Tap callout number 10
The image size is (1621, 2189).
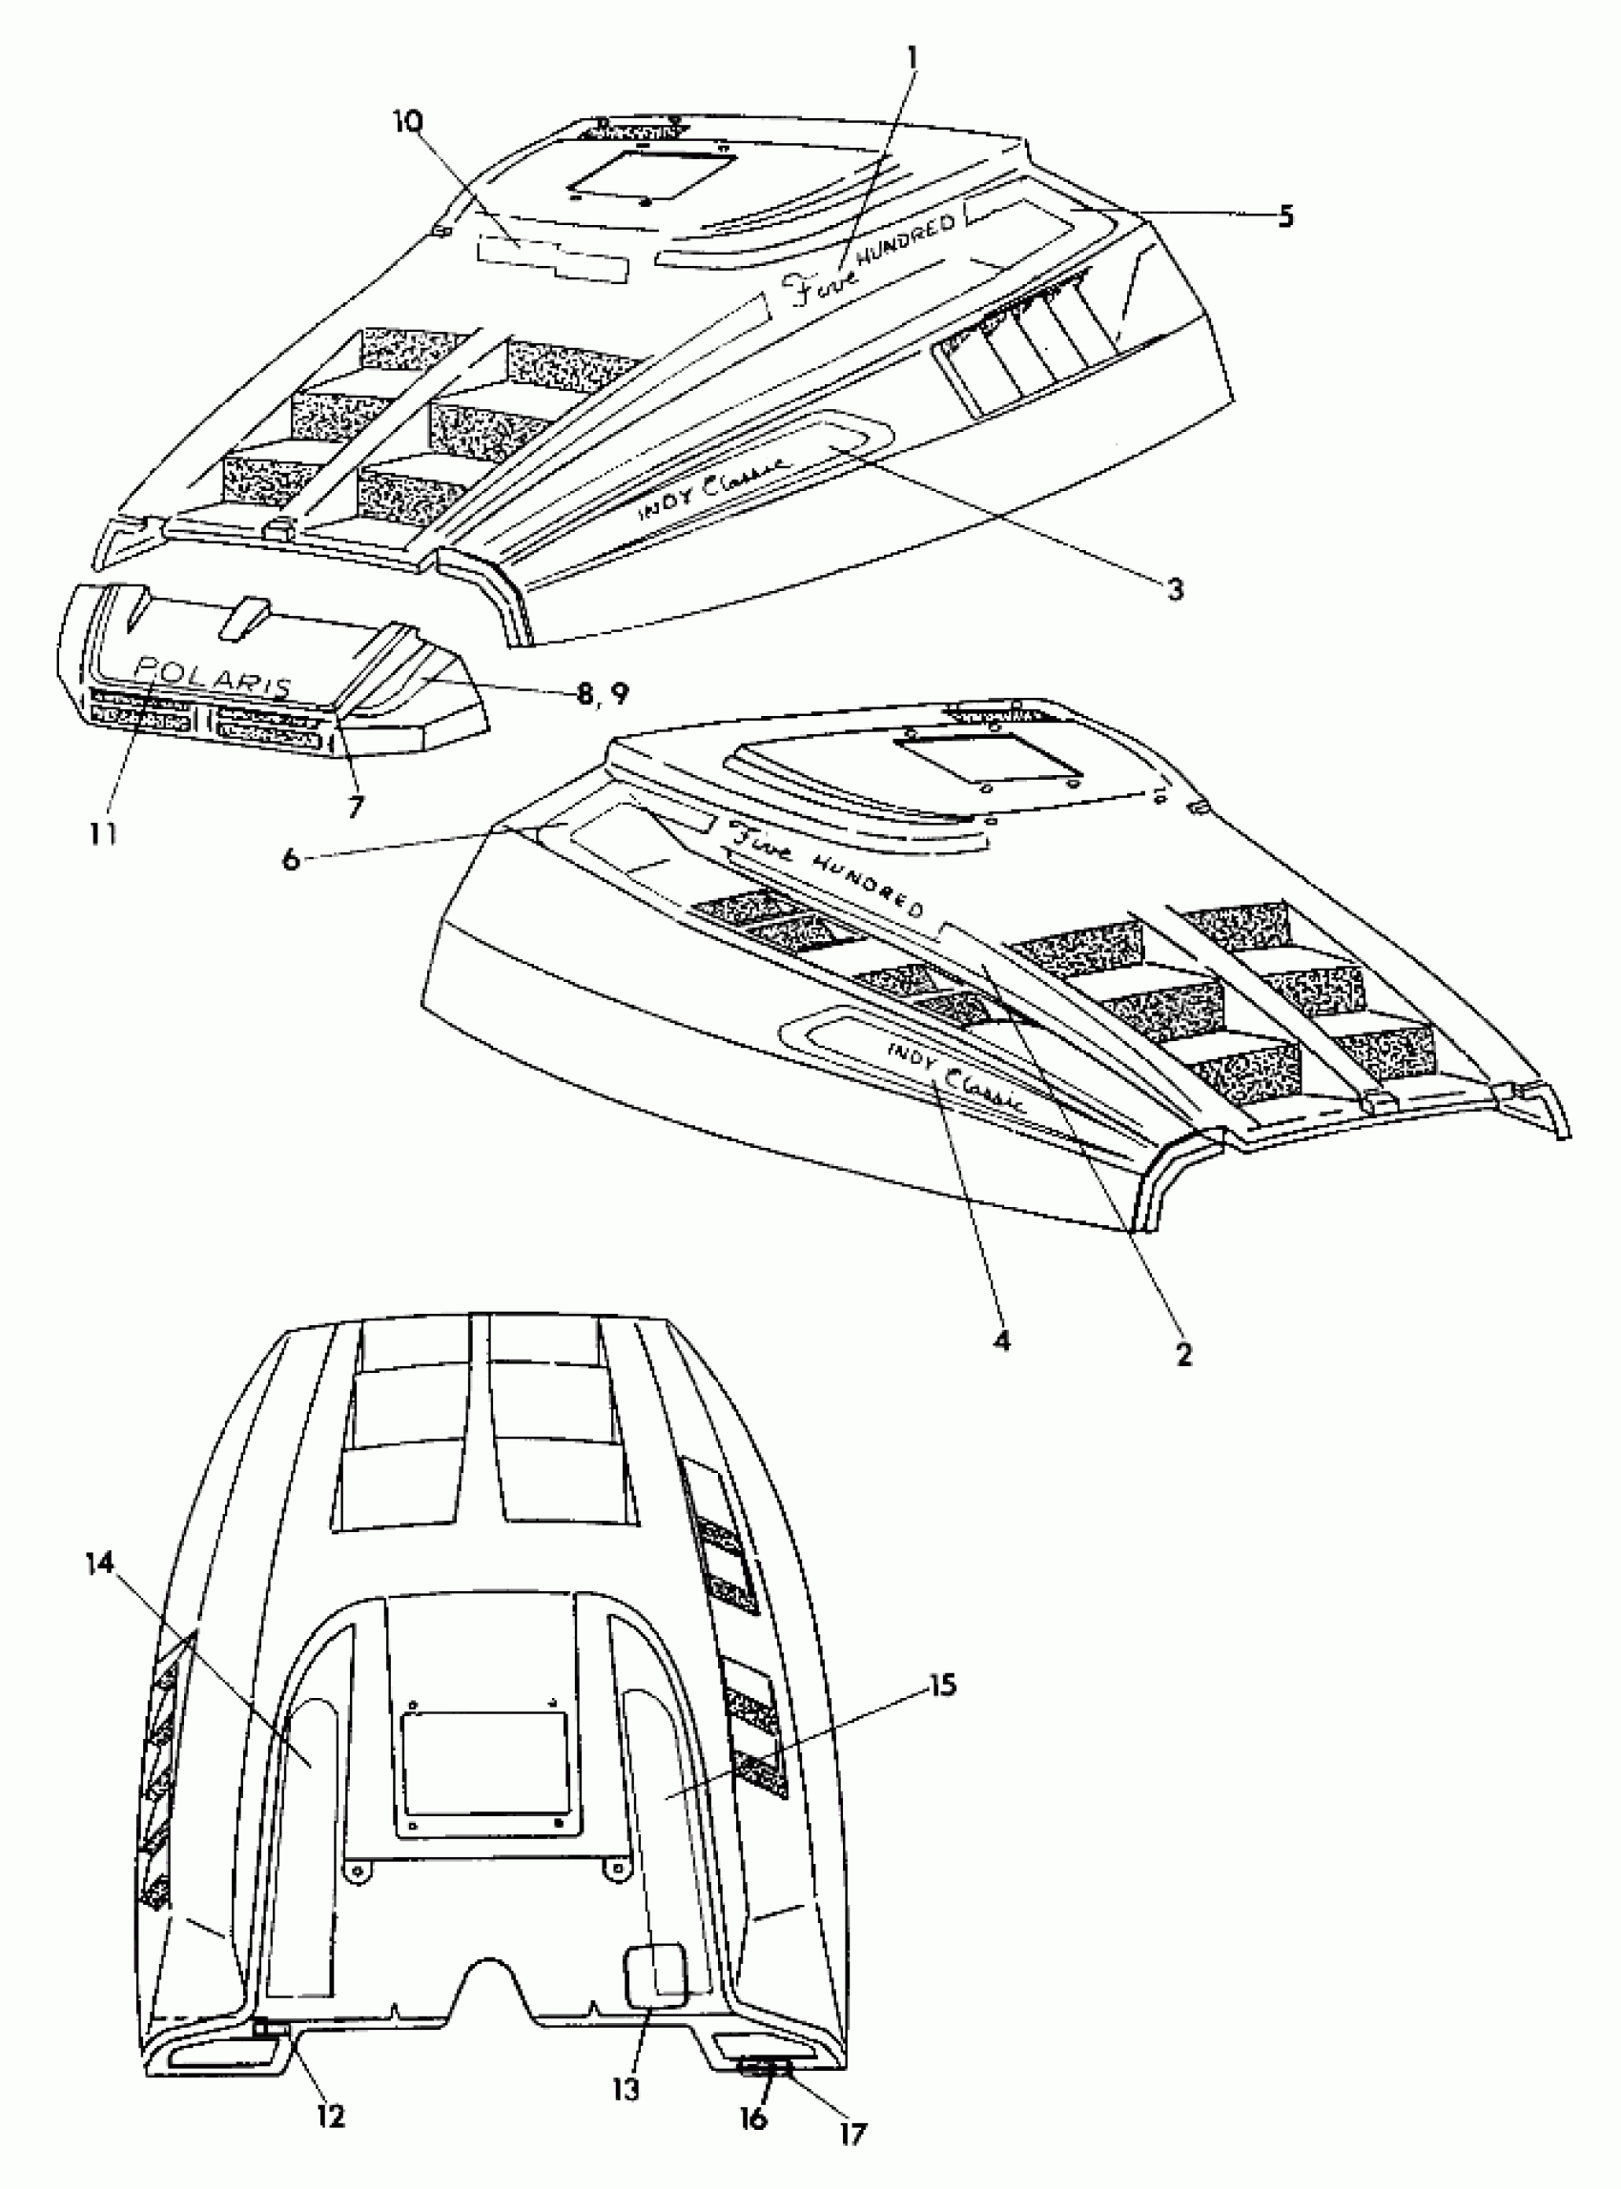[408, 122]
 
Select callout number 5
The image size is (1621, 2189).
[1285, 215]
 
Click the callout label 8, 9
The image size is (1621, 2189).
[602, 693]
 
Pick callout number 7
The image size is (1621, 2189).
[354, 807]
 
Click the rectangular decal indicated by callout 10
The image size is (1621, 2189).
[552, 258]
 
